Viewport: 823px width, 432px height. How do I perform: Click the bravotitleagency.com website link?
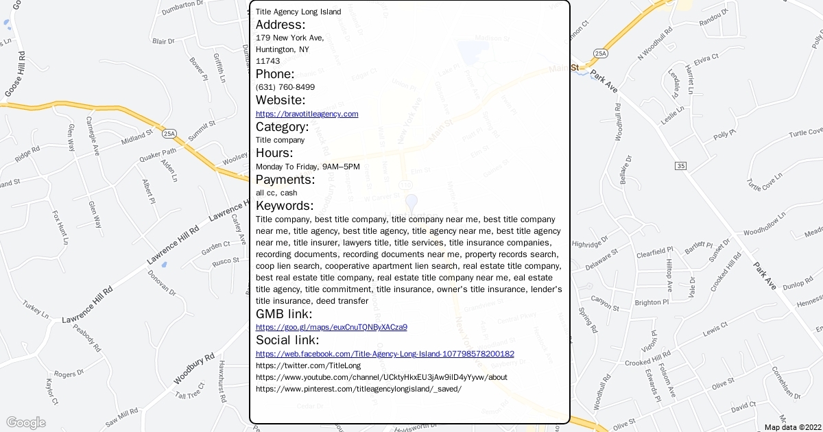(x=307, y=114)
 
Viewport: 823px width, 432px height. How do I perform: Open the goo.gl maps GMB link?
(x=331, y=327)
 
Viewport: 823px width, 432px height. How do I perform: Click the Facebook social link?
(x=385, y=354)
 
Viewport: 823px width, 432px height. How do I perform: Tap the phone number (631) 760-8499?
(x=285, y=87)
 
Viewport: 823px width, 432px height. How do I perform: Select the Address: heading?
(x=281, y=25)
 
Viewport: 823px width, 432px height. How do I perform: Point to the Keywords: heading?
(x=285, y=206)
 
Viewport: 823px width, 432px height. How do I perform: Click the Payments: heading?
(x=285, y=180)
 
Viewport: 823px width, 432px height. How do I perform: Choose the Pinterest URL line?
(x=359, y=389)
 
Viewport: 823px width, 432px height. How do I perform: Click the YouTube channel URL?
(x=381, y=377)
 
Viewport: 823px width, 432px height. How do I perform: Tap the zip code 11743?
(x=267, y=61)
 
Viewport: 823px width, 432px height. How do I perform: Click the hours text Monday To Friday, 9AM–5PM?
(x=308, y=167)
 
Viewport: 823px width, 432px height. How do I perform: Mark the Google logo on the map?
(x=25, y=422)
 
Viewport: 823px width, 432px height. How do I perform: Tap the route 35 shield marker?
(x=680, y=166)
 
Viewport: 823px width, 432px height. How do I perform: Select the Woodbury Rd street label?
(x=194, y=369)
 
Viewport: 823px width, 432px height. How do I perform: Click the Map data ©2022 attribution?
(x=792, y=427)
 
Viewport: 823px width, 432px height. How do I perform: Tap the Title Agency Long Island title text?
(x=298, y=12)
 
